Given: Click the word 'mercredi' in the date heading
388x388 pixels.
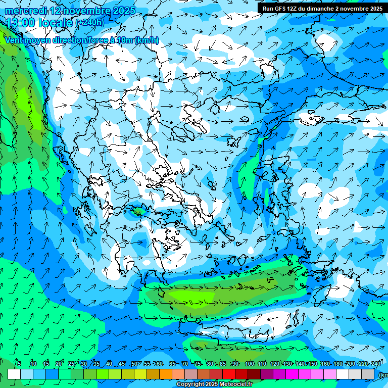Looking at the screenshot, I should click(x=26, y=11).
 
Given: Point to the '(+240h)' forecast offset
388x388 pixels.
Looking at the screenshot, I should click(x=89, y=23).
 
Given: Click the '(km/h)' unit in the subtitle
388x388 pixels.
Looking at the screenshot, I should click(x=147, y=40).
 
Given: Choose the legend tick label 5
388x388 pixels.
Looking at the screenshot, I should click(x=19, y=364).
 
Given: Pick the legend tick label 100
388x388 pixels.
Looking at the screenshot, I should click(x=249, y=364).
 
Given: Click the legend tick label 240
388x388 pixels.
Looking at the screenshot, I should click(x=376, y=364).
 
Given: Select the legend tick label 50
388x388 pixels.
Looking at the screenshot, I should click(x=134, y=364).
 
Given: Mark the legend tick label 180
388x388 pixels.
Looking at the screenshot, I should click(x=337, y=364).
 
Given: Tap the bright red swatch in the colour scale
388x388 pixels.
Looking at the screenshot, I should click(x=229, y=374).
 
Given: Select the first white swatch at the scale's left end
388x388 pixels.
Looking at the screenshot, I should click(x=14, y=374).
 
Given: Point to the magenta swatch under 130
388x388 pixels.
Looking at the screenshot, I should click(x=292, y=374).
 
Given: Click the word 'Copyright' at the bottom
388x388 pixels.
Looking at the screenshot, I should click(x=190, y=384).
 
